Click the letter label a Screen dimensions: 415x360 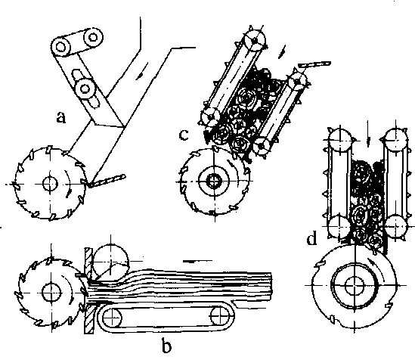click(x=61, y=118)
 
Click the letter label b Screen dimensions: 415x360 click(x=166, y=346)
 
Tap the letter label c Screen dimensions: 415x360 click(x=184, y=135)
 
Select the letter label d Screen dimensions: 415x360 click(x=311, y=238)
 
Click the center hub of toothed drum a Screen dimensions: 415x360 click(x=50, y=184)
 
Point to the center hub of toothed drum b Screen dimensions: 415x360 click(x=51, y=292)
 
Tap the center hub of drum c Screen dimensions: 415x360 click(x=214, y=181)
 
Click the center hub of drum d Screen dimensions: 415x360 click(x=354, y=286)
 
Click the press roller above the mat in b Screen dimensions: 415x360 click(x=110, y=262)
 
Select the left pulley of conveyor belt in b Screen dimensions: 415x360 click(x=112, y=318)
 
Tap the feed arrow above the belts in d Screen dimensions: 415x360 click(x=368, y=134)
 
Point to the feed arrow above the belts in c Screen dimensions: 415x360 click(x=283, y=52)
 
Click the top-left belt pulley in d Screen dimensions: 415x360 click(x=340, y=140)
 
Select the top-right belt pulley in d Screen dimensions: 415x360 click(x=395, y=140)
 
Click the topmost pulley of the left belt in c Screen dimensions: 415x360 click(x=255, y=40)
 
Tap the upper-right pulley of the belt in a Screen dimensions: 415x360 click(x=93, y=37)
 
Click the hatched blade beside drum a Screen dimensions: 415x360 click(x=107, y=181)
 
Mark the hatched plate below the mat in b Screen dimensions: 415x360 click(x=89, y=318)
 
